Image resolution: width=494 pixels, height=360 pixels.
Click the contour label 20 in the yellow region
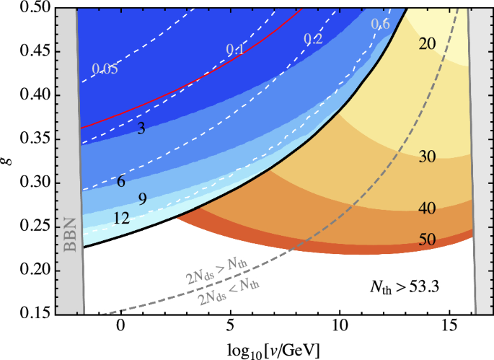click(427, 44)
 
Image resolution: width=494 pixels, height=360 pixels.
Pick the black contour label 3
click(141, 128)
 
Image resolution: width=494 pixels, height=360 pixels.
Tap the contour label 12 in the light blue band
click(121, 217)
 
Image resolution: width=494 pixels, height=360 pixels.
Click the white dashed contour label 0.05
click(105, 69)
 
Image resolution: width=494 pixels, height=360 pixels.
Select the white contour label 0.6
click(380, 25)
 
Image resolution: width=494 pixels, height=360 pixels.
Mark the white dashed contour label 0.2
click(313, 39)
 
